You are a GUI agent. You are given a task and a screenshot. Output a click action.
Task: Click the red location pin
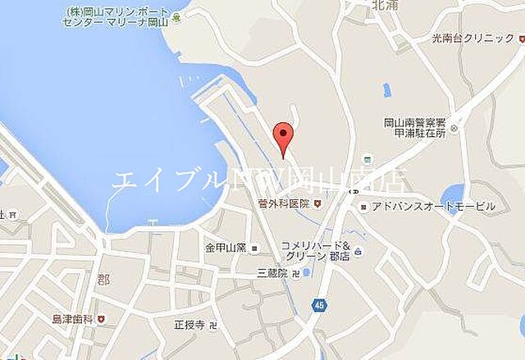click(x=282, y=136)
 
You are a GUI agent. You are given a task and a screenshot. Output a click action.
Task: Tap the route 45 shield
click(x=318, y=305)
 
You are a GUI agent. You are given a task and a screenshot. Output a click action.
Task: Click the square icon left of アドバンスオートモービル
click(x=363, y=207)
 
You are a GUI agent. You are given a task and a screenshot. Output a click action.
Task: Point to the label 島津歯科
click(x=71, y=318)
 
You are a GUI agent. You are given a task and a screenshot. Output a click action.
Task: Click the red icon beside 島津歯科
click(x=101, y=318)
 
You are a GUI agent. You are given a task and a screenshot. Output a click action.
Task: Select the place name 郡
click(x=103, y=279)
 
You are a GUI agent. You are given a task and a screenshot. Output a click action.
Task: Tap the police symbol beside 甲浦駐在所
click(x=454, y=129)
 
